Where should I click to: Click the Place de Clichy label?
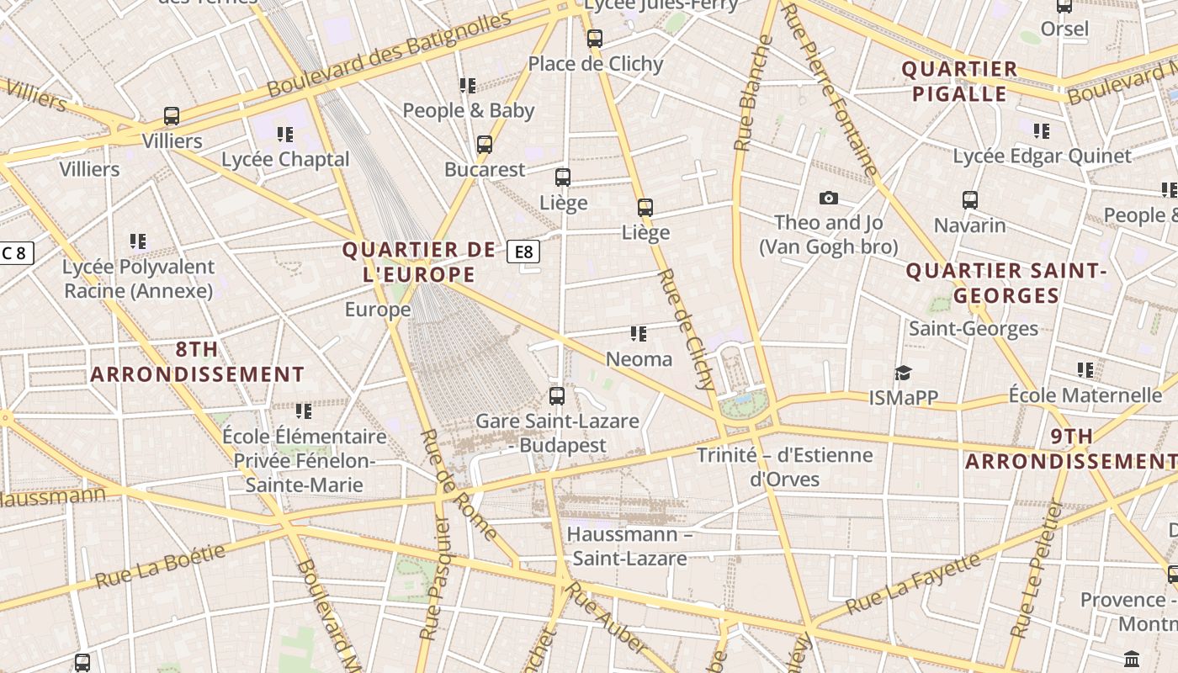(x=596, y=64)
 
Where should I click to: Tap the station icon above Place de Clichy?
(x=595, y=38)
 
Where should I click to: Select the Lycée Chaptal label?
(x=285, y=159)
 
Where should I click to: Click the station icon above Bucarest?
(x=485, y=145)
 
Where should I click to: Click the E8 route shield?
(x=523, y=252)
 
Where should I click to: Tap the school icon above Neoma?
(x=639, y=334)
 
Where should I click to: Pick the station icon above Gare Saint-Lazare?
(x=557, y=395)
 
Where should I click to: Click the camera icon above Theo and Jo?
(x=829, y=198)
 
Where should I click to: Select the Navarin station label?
(x=970, y=225)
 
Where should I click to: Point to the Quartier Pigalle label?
(x=960, y=81)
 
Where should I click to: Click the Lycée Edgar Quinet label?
(x=1042, y=156)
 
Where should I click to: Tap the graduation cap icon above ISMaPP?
(x=903, y=372)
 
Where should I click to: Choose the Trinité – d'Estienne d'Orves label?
(x=784, y=467)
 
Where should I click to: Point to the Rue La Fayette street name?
(x=913, y=582)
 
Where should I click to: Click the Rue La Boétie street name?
(x=161, y=566)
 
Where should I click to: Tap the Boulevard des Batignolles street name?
(x=389, y=54)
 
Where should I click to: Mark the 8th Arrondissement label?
(x=197, y=362)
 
